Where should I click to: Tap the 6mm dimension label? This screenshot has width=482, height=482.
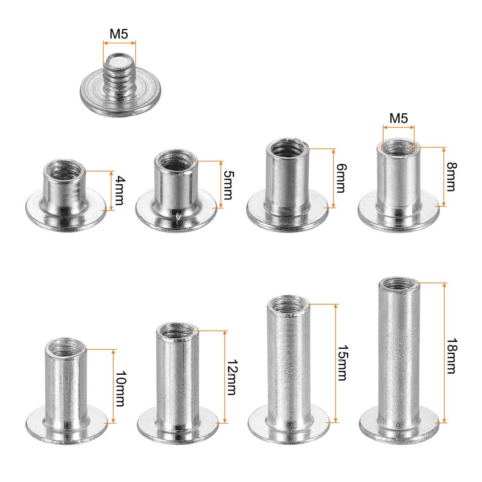click(341, 178)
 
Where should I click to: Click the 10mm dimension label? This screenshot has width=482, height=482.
click(120, 389)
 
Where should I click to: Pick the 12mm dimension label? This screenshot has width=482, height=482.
click(231, 378)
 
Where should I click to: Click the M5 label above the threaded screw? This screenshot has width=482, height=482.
click(119, 34)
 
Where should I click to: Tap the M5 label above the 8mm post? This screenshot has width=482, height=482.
click(399, 118)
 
